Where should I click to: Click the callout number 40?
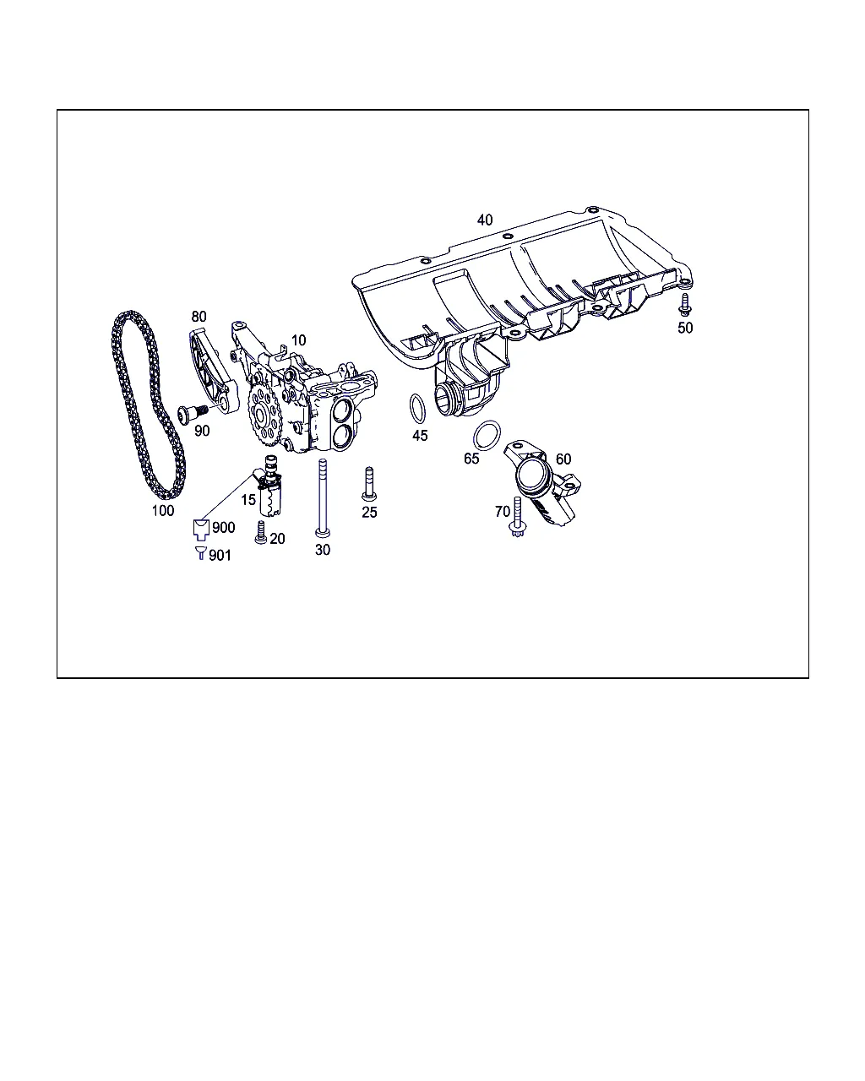tap(485, 220)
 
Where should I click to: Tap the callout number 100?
tap(163, 511)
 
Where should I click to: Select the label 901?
tap(220, 555)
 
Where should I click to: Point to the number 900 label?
tap(223, 528)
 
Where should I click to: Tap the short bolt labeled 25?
tap(369, 484)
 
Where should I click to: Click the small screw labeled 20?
tap(260, 532)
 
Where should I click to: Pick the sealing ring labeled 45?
tap(411, 408)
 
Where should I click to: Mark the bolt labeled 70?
tap(517, 517)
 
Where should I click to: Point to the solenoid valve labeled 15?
tap(270, 486)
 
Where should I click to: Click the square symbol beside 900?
tap(201, 530)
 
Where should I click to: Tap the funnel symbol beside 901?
tap(201, 553)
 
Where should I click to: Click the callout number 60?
tap(563, 459)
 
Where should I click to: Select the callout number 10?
tap(298, 340)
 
